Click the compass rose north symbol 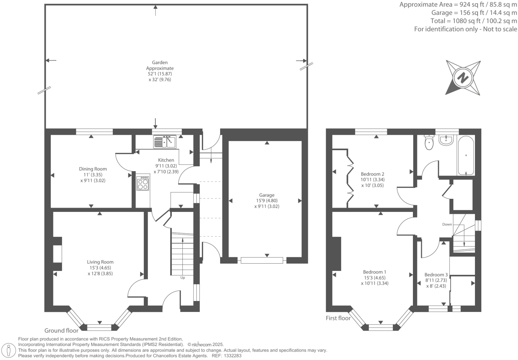click(x=463, y=78)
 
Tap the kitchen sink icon click(x=164, y=142)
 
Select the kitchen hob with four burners click(x=143, y=183)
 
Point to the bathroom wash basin click(x=446, y=140)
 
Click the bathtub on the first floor click(x=466, y=156)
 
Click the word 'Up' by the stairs click(x=182, y=278)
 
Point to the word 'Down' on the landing click(x=447, y=224)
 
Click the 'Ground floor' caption click(x=61, y=331)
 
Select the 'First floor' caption click(x=338, y=318)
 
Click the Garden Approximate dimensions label click(x=160, y=71)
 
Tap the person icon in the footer click(x=9, y=350)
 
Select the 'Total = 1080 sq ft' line click(x=474, y=21)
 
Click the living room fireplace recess click(x=58, y=254)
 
